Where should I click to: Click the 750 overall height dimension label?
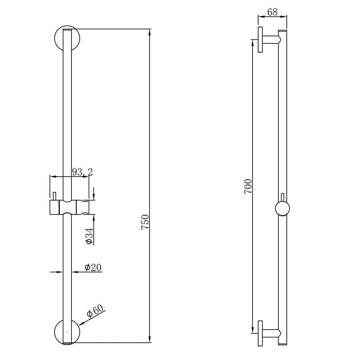point(145,222)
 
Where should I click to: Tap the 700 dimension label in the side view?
point(248,187)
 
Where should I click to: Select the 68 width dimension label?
point(272,12)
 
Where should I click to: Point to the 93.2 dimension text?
point(83,172)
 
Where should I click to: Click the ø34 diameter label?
point(89,236)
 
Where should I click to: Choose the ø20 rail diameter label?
point(93,267)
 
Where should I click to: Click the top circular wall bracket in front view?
point(67,38)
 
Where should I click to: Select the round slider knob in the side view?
point(282,209)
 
